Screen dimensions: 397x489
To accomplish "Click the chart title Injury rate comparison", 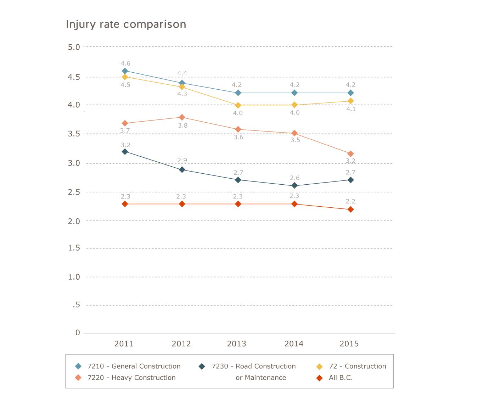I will (126, 24).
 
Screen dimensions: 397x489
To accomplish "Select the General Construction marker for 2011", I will (125, 71).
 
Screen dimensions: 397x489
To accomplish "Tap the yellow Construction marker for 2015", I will (350, 101).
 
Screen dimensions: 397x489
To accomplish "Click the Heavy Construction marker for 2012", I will (182, 117).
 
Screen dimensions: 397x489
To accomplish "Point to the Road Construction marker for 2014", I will (294, 185).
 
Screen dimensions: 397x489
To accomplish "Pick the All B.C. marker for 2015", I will (350, 209).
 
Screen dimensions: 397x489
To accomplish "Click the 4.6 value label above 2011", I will (125, 63).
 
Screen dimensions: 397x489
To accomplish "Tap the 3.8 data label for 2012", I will (182, 125).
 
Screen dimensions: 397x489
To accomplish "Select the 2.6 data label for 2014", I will (294, 178).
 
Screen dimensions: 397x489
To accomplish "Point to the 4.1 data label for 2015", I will (351, 109).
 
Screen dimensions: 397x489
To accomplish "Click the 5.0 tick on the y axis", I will (74, 47).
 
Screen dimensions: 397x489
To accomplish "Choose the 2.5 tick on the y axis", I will (74, 192).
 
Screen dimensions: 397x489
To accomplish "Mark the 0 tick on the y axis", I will (78, 332).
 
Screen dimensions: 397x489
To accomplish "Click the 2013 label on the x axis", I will (236, 343).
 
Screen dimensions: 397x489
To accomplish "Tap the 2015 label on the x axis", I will (349, 343).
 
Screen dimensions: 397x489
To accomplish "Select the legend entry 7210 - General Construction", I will (134, 366).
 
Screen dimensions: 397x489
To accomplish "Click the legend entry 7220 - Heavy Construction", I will (131, 378).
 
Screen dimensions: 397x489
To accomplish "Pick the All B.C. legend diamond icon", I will (320, 378).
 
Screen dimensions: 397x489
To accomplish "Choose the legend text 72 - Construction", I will (357, 366).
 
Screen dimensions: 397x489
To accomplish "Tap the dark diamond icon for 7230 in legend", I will (202, 367).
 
